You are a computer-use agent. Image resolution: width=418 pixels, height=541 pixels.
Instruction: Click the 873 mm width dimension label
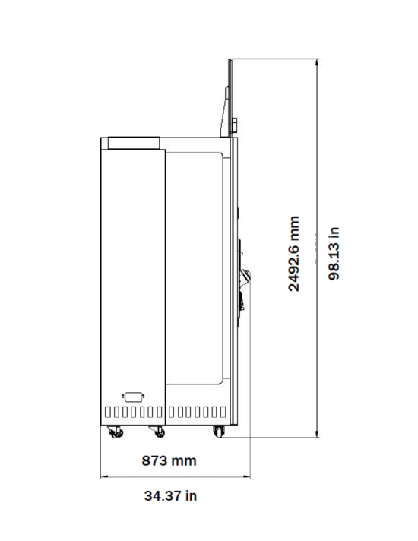(x=169, y=460)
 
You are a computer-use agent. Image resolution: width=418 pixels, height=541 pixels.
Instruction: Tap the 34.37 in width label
(x=170, y=496)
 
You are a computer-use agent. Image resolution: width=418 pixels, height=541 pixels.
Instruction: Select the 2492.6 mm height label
(x=293, y=254)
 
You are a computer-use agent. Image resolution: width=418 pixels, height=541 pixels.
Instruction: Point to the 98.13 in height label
(x=334, y=254)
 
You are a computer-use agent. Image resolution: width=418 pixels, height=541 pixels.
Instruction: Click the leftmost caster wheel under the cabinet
(x=116, y=432)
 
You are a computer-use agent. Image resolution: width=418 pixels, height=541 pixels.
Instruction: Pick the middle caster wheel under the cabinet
(x=157, y=432)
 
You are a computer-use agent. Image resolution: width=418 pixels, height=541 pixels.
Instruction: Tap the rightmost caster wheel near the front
(x=218, y=432)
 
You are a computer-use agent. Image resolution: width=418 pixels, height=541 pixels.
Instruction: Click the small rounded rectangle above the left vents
(x=133, y=397)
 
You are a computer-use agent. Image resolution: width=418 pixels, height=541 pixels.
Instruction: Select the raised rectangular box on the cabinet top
(x=134, y=143)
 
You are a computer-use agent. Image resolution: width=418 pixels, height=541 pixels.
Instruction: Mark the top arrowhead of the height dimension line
(x=317, y=62)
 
